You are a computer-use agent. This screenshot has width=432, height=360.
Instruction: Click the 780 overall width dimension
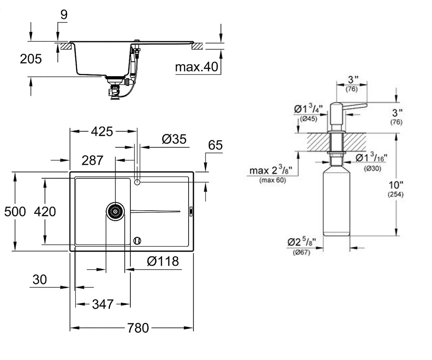(138, 328)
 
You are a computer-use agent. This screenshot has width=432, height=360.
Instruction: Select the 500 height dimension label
(15, 212)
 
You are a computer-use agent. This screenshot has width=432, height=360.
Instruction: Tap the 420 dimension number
(45, 212)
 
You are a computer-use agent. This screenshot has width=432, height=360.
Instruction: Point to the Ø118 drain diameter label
(163, 261)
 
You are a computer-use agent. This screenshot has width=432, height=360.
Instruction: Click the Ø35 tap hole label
(174, 139)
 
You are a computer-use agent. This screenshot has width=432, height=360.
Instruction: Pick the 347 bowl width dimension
(103, 304)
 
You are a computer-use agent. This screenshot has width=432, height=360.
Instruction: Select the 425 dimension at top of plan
(102, 131)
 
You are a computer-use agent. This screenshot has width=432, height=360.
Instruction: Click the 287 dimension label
(92, 160)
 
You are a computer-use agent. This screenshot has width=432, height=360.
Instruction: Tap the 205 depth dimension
(31, 59)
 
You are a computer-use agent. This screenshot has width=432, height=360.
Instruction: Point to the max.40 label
(197, 67)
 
